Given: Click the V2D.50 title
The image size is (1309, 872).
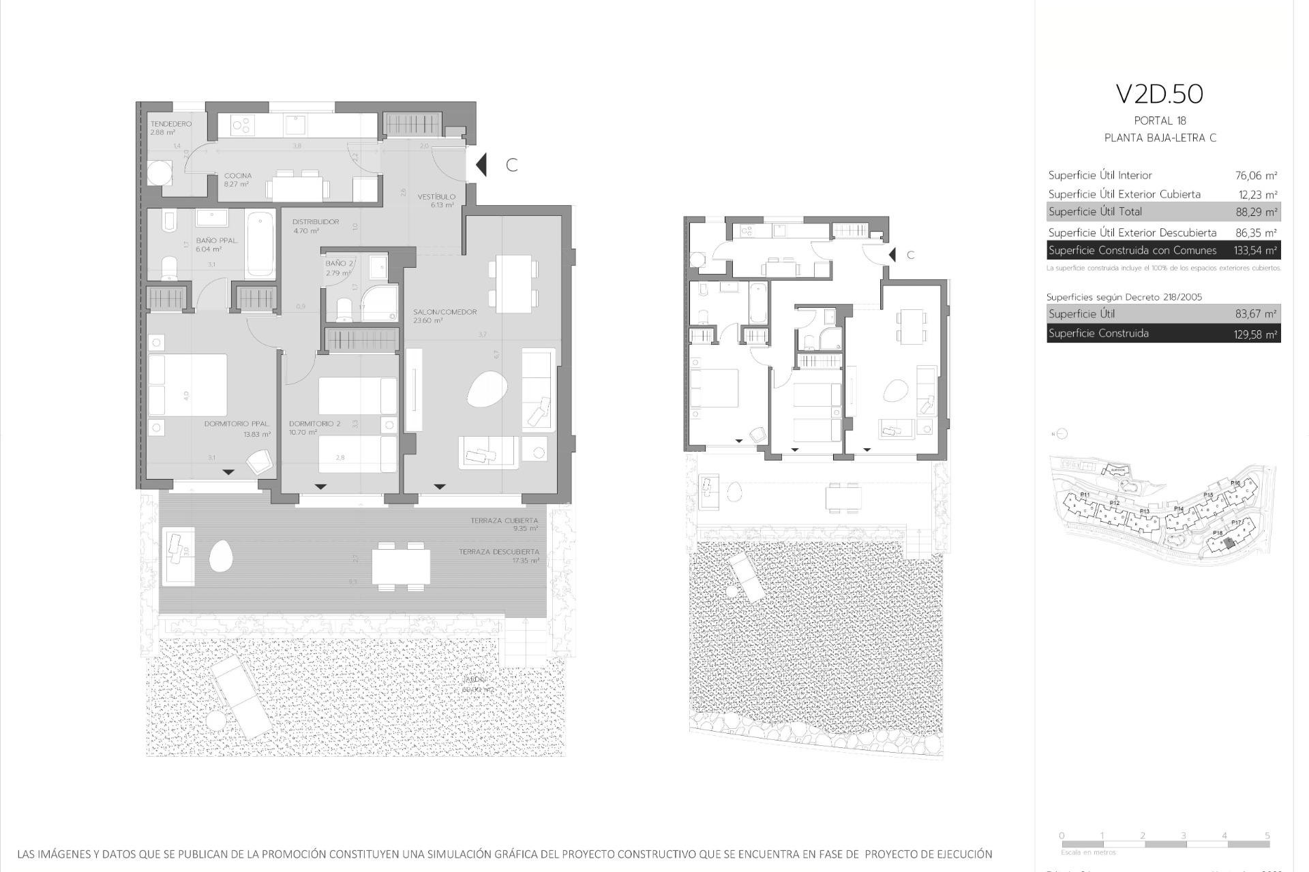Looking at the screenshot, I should (x=1159, y=95).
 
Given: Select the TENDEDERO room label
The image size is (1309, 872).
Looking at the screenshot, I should (x=170, y=124).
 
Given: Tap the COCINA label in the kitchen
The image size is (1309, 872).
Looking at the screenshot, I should (x=238, y=176).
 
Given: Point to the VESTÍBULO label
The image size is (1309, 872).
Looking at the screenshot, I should (x=436, y=197).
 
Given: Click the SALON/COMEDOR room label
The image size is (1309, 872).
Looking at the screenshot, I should (x=445, y=312).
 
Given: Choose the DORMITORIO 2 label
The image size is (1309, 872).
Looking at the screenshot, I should (x=314, y=424).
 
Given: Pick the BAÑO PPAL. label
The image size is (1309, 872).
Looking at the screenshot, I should (x=217, y=240).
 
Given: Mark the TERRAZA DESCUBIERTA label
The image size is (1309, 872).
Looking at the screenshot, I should (x=498, y=552).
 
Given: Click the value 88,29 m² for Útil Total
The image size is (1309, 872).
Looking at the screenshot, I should (x=1256, y=212).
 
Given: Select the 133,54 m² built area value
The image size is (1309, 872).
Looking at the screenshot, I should (x=1255, y=251).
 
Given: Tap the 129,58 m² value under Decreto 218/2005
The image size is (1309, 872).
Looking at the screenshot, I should (x=1256, y=334).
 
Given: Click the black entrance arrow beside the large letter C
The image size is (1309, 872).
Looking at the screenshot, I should (x=481, y=164).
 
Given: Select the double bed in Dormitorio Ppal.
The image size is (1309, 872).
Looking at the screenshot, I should (x=187, y=385).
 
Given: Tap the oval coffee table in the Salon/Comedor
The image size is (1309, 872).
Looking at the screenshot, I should (x=487, y=390).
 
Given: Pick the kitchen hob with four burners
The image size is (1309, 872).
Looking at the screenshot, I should (x=243, y=125).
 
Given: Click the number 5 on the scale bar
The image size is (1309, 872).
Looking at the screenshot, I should (x=1267, y=836).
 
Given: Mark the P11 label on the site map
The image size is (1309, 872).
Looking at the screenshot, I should (x=1085, y=495).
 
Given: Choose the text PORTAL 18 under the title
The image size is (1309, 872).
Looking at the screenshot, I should (x=1160, y=121).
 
